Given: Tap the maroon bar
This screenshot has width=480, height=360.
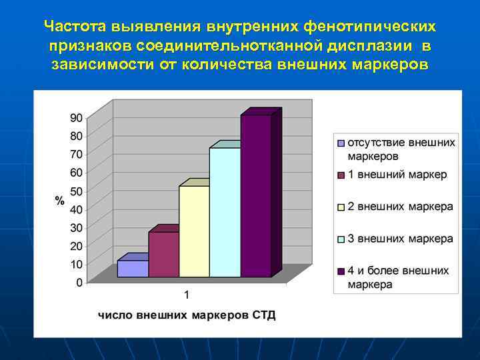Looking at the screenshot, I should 163,254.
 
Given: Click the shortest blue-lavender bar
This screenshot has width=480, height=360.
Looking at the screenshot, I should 133,268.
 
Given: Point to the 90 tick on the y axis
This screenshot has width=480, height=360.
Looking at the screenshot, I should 76,117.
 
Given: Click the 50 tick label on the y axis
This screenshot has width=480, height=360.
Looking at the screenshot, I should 76,191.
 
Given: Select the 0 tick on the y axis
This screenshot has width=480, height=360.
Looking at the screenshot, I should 79,283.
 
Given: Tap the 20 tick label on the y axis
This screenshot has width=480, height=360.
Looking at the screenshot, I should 76,246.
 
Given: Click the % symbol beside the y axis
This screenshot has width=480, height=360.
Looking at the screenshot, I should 59,201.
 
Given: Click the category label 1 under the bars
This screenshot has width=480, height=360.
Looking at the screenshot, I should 187,295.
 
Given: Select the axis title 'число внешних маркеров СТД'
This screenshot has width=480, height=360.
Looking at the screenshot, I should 187,315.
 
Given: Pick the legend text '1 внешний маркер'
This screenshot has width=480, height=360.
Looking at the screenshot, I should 397,175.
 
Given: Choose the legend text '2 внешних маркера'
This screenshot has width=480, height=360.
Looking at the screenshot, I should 400,207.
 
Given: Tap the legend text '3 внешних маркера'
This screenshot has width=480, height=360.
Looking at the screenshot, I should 400,239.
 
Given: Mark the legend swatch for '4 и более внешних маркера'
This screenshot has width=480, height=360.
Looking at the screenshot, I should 341,271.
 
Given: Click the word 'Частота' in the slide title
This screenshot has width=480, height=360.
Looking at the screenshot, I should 71,27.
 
